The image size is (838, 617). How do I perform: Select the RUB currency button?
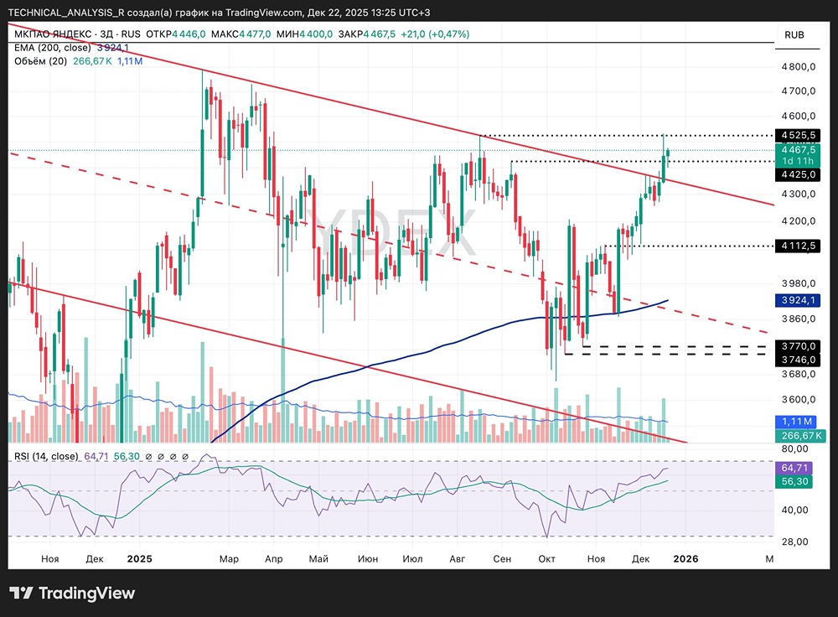click(x=794, y=34)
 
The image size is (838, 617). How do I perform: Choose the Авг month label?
click(x=457, y=558)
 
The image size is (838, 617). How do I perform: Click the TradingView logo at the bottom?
click(x=72, y=594)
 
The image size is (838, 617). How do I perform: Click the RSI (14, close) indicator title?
click(x=45, y=456)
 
